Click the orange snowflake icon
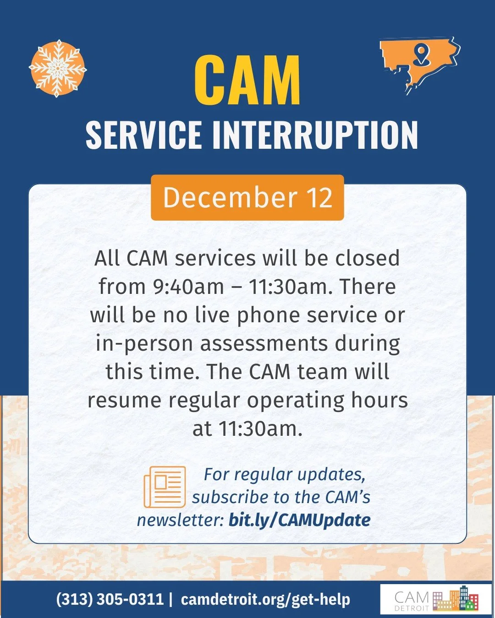tap(58, 68)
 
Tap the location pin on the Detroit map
tap(421, 54)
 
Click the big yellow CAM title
tap(247, 81)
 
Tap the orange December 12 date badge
tap(247, 197)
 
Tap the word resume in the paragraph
tap(124, 400)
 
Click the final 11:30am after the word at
tap(260, 428)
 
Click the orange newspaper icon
tap(165, 487)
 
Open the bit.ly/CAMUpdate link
tap(299, 520)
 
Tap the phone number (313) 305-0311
tap(110, 599)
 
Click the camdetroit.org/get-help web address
tap(265, 599)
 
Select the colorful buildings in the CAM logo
tap(456, 599)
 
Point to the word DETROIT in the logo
tap(411, 608)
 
